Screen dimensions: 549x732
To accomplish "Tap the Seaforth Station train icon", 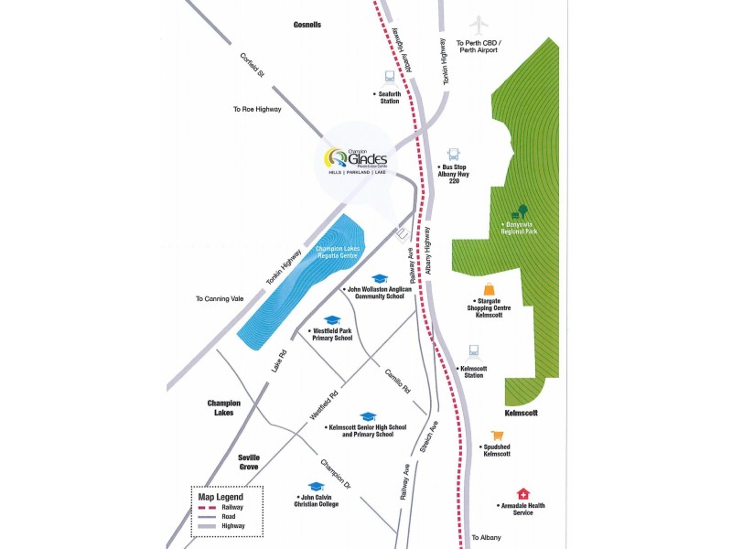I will (x=390, y=79).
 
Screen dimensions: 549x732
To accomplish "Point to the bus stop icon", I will (x=453, y=155).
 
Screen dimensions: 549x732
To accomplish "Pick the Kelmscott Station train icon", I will (x=473, y=351).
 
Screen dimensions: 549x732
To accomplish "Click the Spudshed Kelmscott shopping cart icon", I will (x=497, y=436).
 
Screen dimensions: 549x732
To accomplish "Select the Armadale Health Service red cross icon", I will (x=522, y=493).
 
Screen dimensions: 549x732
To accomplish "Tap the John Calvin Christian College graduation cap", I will (x=316, y=487).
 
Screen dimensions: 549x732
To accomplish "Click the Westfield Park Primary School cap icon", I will (x=333, y=320).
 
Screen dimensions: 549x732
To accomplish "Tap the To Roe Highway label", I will (x=257, y=109).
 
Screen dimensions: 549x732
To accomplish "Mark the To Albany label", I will (x=488, y=538).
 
